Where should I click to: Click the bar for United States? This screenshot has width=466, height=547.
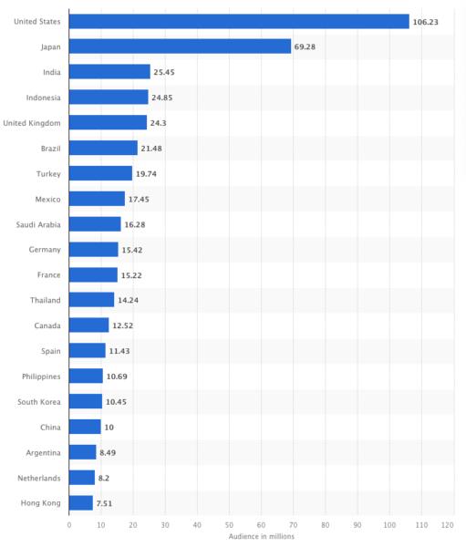click(x=239, y=21)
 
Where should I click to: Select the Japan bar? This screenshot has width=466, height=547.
click(x=180, y=46)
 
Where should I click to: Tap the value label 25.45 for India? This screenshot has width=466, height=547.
click(x=164, y=72)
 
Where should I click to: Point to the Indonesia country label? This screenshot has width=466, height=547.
click(x=43, y=98)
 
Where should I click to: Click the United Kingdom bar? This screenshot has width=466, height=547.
click(x=108, y=122)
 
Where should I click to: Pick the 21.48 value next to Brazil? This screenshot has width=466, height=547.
click(x=151, y=149)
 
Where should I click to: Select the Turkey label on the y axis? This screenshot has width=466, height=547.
click(x=48, y=174)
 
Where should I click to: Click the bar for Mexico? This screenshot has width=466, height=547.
click(x=97, y=199)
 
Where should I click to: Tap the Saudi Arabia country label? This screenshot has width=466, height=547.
click(x=38, y=224)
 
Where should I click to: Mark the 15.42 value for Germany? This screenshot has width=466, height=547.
click(x=132, y=250)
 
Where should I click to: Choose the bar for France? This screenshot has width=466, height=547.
click(x=93, y=275)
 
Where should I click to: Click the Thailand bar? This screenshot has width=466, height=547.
click(x=91, y=300)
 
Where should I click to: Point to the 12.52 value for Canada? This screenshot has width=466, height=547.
click(x=122, y=325)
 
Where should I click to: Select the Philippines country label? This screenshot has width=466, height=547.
click(x=41, y=377)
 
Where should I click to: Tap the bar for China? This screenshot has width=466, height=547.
click(x=85, y=427)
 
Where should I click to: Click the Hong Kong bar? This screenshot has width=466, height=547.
click(x=81, y=503)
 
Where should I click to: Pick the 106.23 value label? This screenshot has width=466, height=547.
click(x=426, y=22)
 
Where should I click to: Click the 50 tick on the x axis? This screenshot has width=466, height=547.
click(x=229, y=525)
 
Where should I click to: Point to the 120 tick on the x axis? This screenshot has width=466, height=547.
click(x=447, y=525)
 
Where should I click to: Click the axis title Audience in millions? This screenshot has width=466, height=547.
click(x=262, y=537)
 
